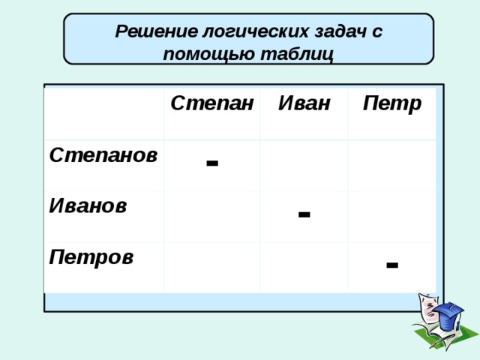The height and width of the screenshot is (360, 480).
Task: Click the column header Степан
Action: coord(211,103)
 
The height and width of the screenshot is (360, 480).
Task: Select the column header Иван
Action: coord(304,103)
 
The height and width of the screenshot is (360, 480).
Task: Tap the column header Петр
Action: coord(392,103)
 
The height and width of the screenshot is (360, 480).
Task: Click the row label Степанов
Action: coord(103,155)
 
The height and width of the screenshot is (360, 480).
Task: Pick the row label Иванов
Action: coord(88,205)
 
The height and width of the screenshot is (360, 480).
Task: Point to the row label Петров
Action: coord(91,257)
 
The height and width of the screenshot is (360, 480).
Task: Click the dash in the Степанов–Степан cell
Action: coord(212,163)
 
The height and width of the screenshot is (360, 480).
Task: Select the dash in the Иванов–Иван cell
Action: coord(304,214)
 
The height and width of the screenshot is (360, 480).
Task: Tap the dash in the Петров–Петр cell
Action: coord(392,265)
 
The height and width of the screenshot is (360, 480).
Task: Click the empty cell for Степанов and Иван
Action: coord(304,166)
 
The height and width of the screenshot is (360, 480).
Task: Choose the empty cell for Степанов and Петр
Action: coord(392,166)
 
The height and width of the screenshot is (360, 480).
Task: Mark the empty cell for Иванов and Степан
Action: coord(211,217)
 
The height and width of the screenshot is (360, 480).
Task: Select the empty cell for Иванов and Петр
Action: coord(392,217)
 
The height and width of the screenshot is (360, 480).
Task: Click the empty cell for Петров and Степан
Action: coord(211,268)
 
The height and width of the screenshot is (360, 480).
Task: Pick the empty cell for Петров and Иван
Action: coord(304,268)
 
